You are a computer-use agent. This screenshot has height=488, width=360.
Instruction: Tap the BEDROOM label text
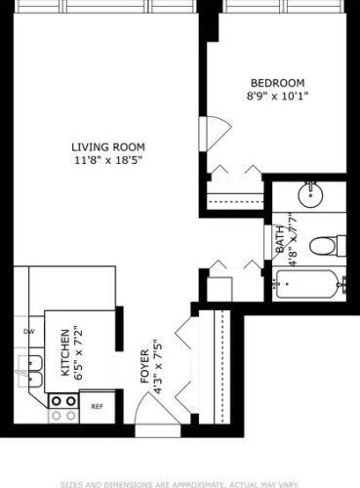coord(278,83)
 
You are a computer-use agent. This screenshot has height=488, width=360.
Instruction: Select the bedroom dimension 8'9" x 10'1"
coord(278,97)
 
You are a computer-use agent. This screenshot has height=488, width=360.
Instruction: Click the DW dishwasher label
coord(27,331)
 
